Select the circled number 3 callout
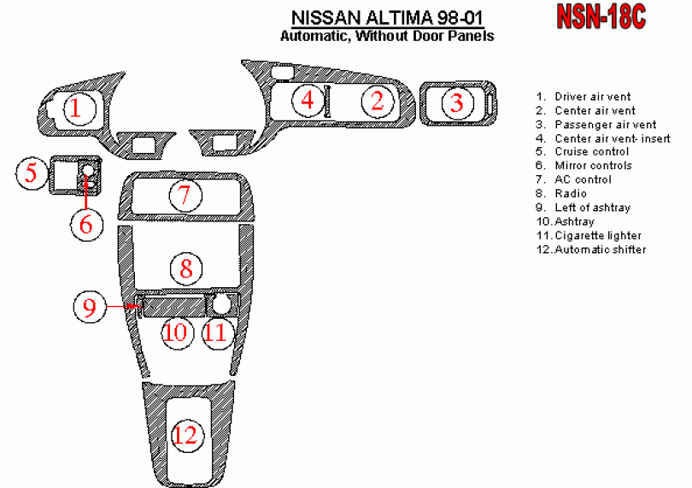coord(457,103)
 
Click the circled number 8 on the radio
coord(185,269)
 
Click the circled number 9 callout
coord(90,305)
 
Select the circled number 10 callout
coord(175,331)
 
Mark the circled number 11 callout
coord(216,331)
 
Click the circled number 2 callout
coord(376,101)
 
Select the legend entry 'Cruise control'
coord(591,152)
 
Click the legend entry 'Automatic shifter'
coord(600,250)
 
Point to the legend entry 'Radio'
coord(571,194)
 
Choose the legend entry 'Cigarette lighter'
coord(598,236)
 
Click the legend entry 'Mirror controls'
coord(593,166)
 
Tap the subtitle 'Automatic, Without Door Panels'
coord(387,37)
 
